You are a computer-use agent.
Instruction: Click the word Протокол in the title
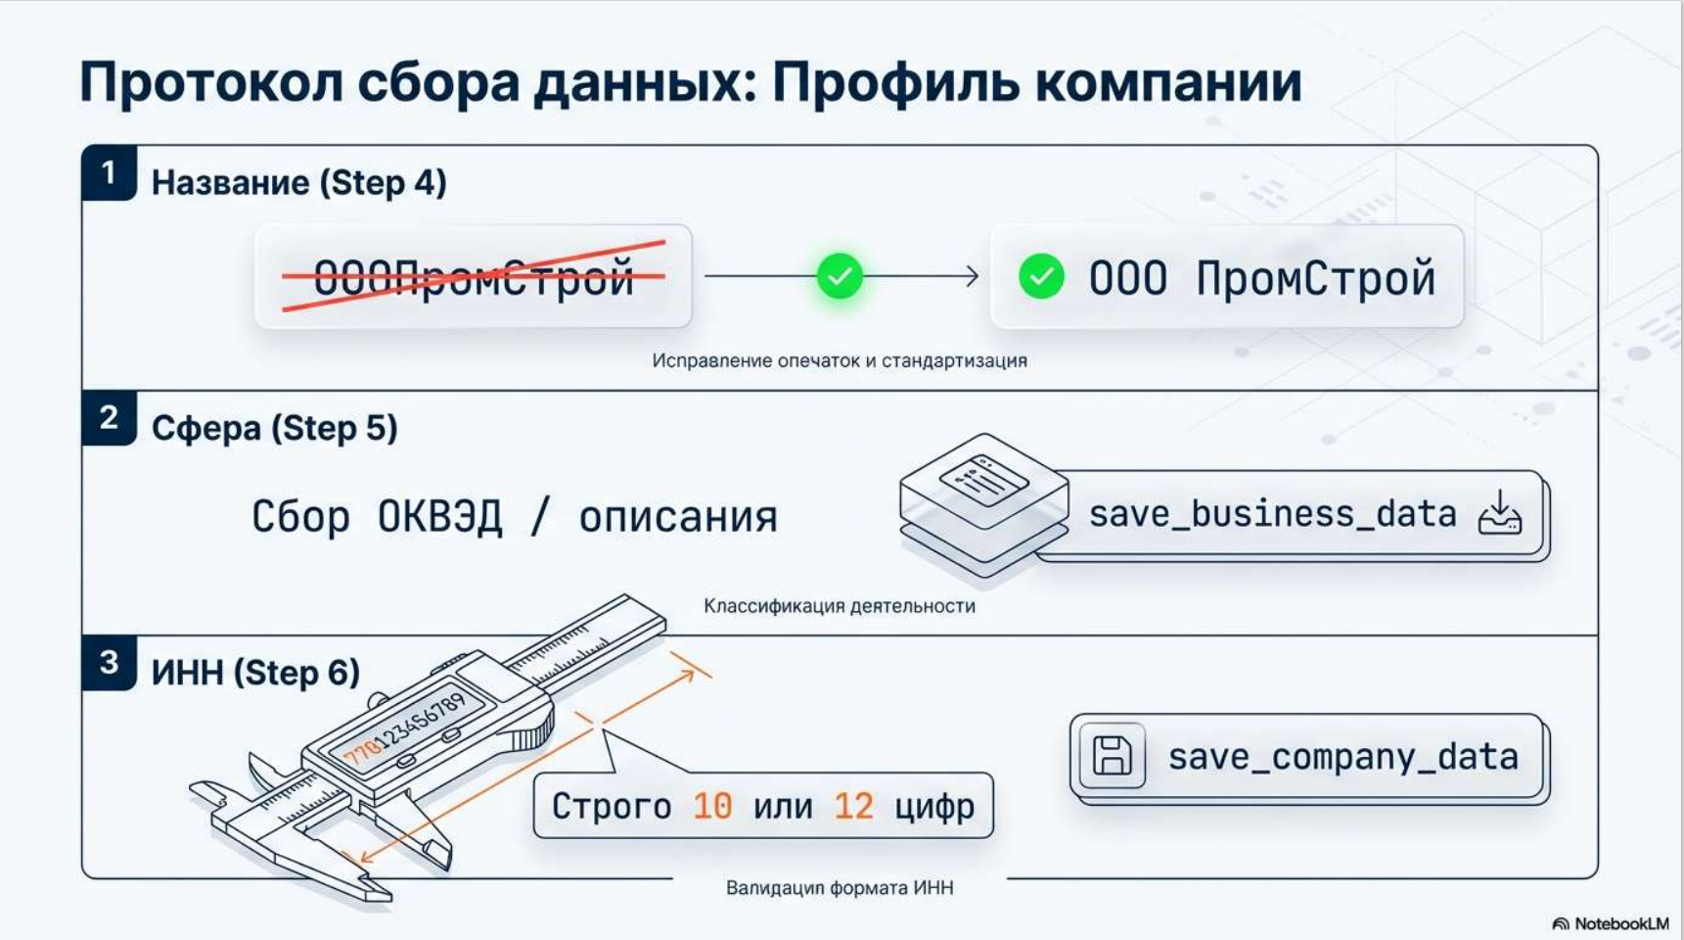pyautogui.click(x=210, y=82)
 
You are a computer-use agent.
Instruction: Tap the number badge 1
pyautogui.click(x=109, y=173)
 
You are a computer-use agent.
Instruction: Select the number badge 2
pyautogui.click(x=109, y=418)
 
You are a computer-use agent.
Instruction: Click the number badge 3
pyautogui.click(x=109, y=663)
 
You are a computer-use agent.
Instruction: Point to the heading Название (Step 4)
pyautogui.click(x=298, y=183)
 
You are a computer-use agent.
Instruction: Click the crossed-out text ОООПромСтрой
pyautogui.click(x=474, y=278)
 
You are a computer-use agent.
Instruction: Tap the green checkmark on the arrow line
pyautogui.click(x=840, y=276)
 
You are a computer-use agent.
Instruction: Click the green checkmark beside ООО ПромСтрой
pyautogui.click(x=1041, y=277)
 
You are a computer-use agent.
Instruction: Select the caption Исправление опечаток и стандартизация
pyautogui.click(x=840, y=360)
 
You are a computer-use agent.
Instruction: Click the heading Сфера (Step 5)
pyautogui.click(x=274, y=428)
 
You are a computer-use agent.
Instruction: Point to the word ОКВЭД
pyautogui.click(x=439, y=516)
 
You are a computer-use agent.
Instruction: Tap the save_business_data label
pyautogui.click(x=1272, y=514)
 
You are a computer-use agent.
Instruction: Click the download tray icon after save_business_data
pyautogui.click(x=1500, y=514)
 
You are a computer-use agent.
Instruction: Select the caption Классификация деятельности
pyautogui.click(x=840, y=606)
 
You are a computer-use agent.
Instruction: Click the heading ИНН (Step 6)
pyautogui.click(x=255, y=673)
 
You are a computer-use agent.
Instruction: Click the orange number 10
pyautogui.click(x=711, y=806)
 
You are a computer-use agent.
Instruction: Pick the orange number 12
pyautogui.click(x=853, y=806)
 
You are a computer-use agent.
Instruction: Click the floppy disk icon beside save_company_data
pyautogui.click(x=1112, y=757)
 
